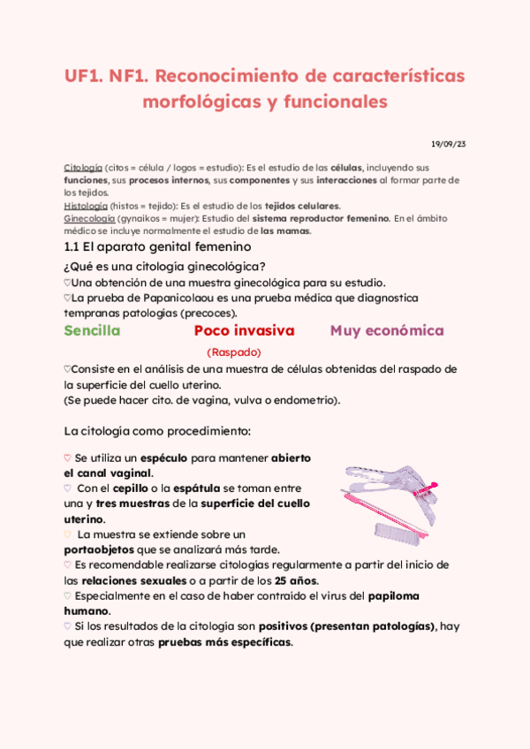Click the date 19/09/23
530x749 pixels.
448,144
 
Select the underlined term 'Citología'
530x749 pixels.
83,167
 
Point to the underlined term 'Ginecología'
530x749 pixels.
88,218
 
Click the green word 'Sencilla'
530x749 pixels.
92,331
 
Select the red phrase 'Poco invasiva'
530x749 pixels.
244,331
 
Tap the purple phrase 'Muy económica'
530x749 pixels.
387,331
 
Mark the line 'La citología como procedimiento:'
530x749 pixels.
157,431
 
